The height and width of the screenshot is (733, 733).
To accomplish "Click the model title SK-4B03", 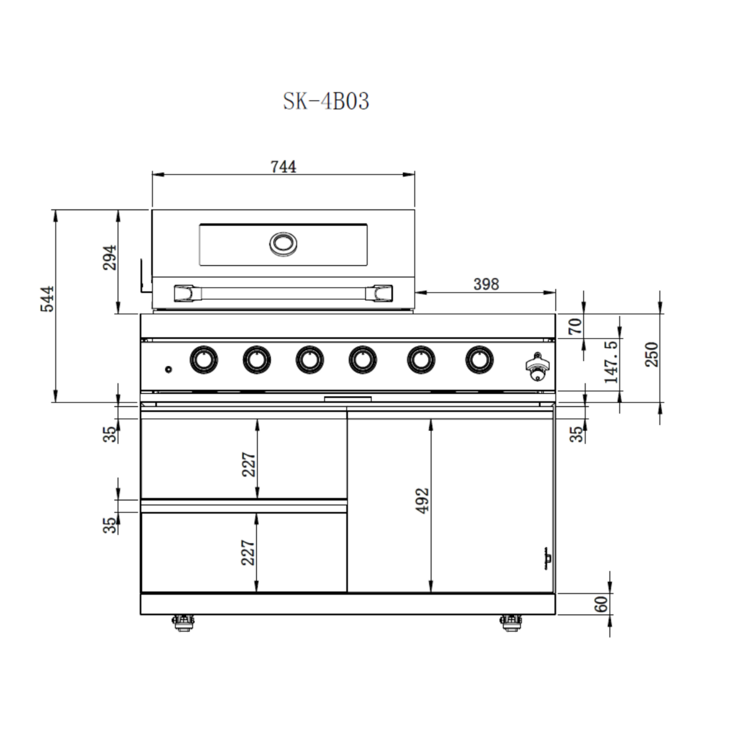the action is click(x=326, y=102).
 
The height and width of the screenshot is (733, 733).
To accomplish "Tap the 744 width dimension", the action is click(x=283, y=167).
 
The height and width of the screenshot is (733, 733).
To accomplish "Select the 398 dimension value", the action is click(x=486, y=284).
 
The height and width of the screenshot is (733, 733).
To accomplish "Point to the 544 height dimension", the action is click(x=47, y=299).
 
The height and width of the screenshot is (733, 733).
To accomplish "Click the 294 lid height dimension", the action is click(x=110, y=258).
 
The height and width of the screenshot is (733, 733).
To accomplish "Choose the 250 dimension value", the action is click(x=652, y=354).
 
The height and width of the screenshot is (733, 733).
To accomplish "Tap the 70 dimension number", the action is click(x=575, y=326).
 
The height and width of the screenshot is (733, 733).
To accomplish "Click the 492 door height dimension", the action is click(x=422, y=501).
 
